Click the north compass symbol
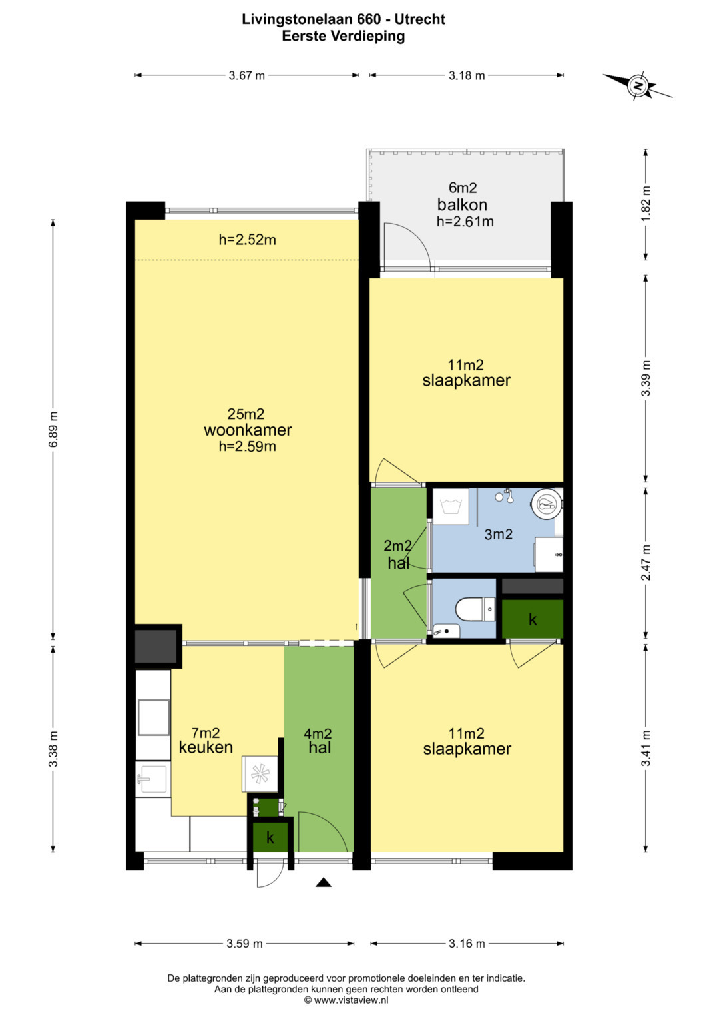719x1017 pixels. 638,85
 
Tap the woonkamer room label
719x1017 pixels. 248,430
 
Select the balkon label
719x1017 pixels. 462,204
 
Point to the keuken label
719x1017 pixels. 206,747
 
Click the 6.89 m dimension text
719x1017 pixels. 53,429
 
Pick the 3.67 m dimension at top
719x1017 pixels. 246,75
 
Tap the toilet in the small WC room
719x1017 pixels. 475,609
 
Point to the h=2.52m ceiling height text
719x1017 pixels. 248,240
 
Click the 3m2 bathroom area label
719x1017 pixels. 499,534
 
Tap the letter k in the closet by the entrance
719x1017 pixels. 270,838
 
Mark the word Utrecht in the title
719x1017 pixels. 420,19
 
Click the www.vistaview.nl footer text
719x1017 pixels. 351,999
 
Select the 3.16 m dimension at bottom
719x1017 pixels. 467,944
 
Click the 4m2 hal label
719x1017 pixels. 319,740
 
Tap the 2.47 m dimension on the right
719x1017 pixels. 646,562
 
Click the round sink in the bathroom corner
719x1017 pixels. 548,504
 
